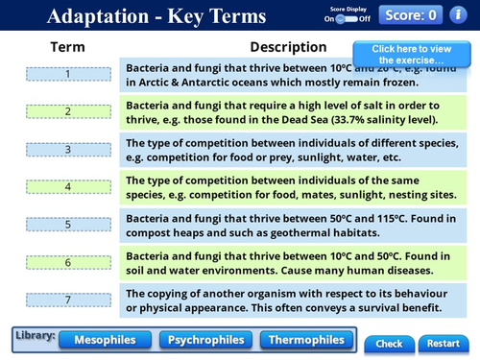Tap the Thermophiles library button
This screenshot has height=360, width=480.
click(x=305, y=340)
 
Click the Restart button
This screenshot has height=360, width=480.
click(x=444, y=343)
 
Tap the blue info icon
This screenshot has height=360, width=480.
click(x=460, y=14)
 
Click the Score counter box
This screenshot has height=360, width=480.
click(x=411, y=14)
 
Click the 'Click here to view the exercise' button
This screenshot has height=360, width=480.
click(x=410, y=54)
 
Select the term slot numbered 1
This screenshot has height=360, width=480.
click(x=67, y=74)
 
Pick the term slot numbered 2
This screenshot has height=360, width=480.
click(x=67, y=111)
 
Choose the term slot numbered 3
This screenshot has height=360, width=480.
click(x=67, y=149)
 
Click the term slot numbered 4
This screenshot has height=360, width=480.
click(x=67, y=186)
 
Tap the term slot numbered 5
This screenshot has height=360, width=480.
click(x=67, y=224)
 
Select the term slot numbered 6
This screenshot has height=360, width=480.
click(x=67, y=261)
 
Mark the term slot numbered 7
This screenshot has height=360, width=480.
click(x=67, y=300)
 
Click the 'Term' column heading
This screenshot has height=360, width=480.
click(x=67, y=47)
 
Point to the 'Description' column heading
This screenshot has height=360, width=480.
click(x=288, y=47)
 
